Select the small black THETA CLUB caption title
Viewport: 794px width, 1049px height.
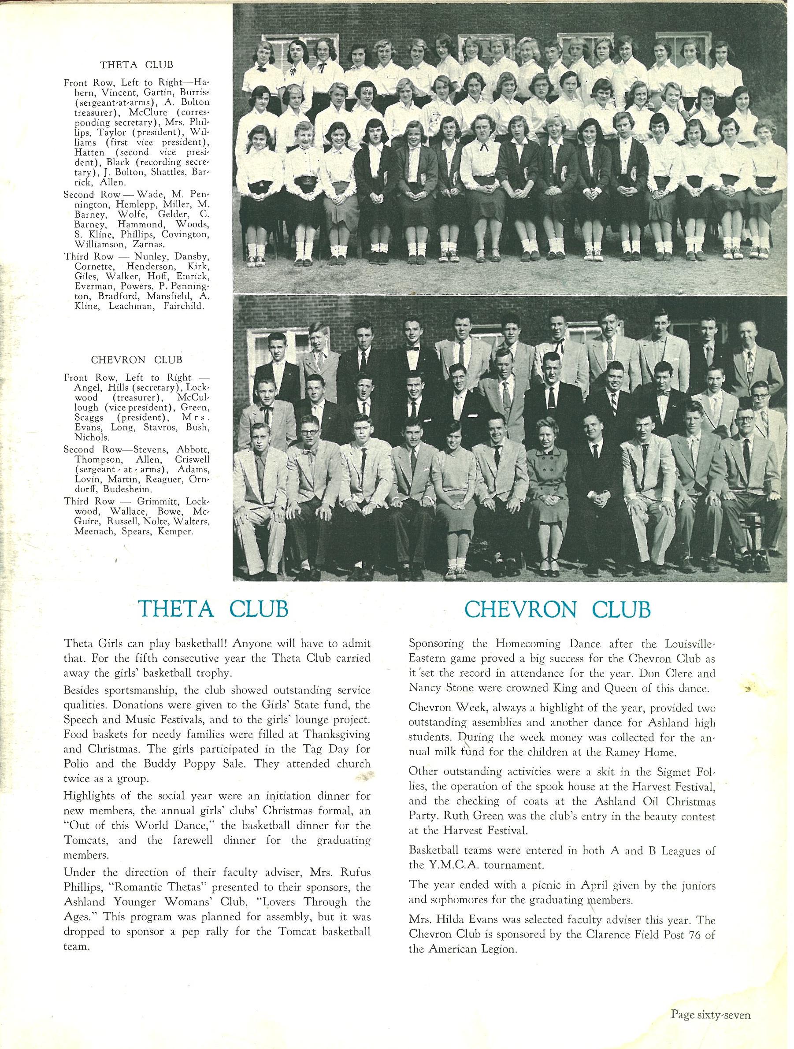click(136, 64)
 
